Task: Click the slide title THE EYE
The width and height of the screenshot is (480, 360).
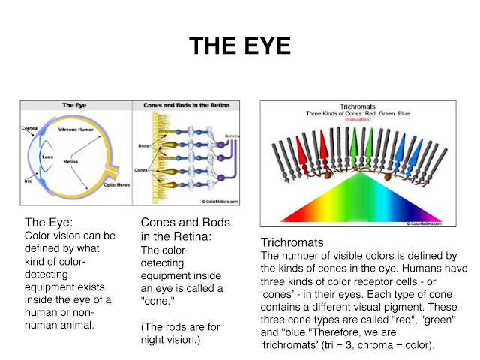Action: coord(239,46)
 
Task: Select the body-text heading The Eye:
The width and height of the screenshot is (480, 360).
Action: coord(50,223)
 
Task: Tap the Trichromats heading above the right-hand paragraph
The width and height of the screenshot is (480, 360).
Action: coord(292,244)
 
